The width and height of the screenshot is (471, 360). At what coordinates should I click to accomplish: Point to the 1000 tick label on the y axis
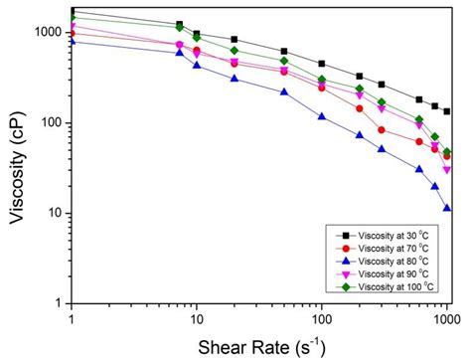47,32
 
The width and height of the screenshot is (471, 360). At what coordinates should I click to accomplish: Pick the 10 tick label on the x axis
196,319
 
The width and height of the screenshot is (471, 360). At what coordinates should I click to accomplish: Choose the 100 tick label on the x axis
321,319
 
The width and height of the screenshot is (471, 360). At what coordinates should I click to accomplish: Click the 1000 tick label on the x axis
444,319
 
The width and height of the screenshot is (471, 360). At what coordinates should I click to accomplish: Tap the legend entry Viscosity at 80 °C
383,261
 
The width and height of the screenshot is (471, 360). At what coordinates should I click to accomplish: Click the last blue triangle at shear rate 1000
447,209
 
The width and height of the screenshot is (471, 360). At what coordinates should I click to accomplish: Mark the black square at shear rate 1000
447,111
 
